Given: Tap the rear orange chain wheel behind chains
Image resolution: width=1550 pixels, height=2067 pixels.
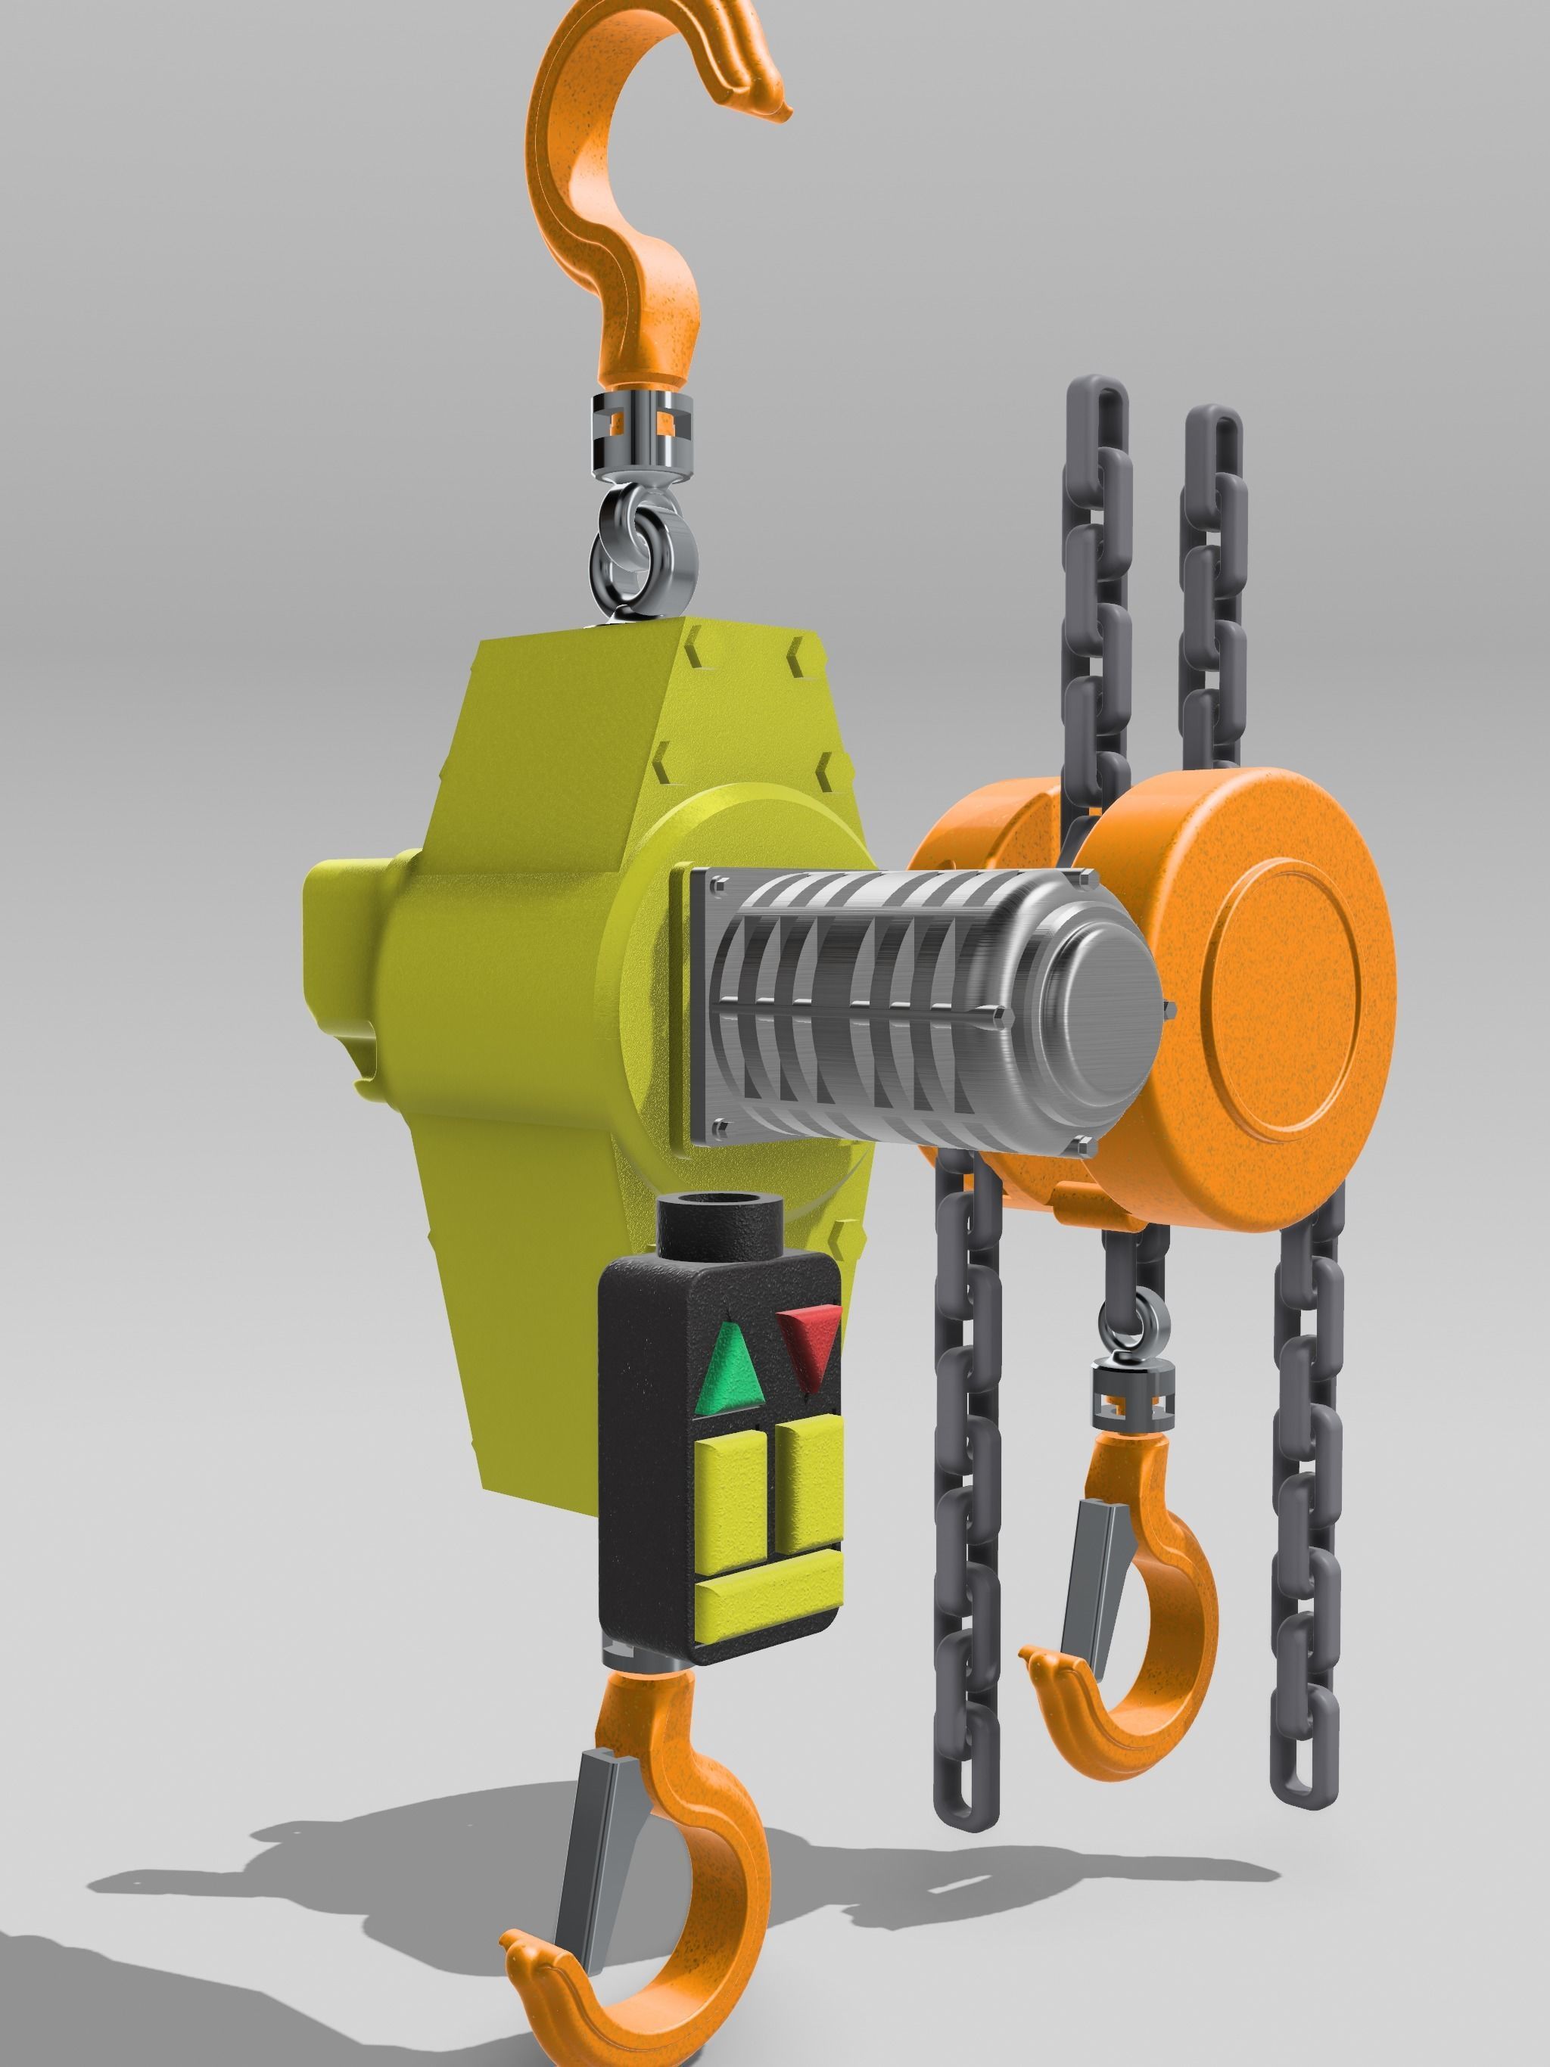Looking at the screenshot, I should click(x=982, y=831).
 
